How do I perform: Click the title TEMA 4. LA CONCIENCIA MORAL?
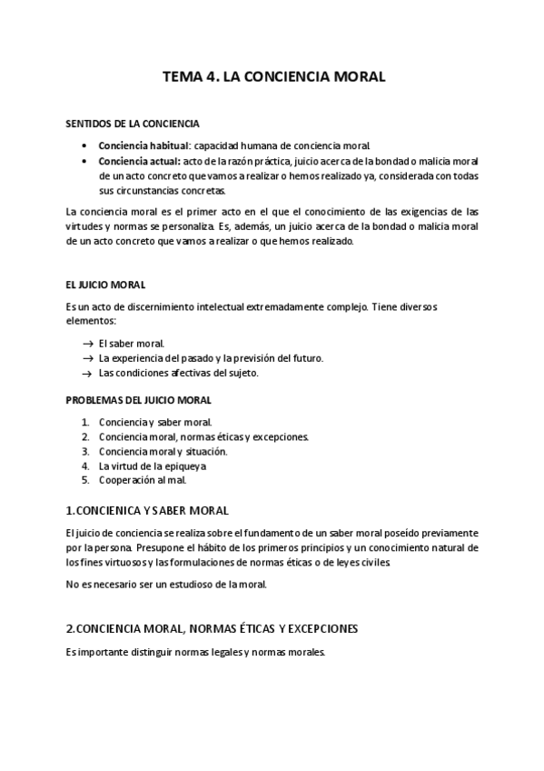pyautogui.click(x=273, y=77)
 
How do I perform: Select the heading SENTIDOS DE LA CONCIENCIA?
pyautogui.click(x=134, y=124)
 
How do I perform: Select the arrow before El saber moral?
pyautogui.click(x=87, y=343)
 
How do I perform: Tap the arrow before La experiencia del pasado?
pyautogui.click(x=87, y=358)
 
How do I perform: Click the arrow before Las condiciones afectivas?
pyautogui.click(x=87, y=373)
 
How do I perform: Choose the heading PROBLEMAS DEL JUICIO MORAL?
pyautogui.click(x=138, y=399)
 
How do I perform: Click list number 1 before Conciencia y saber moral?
pyautogui.click(x=84, y=422)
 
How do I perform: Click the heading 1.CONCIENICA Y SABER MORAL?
pyautogui.click(x=147, y=511)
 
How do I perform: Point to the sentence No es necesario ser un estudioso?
pyautogui.click(x=166, y=585)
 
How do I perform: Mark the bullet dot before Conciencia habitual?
pyautogui.click(x=84, y=145)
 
